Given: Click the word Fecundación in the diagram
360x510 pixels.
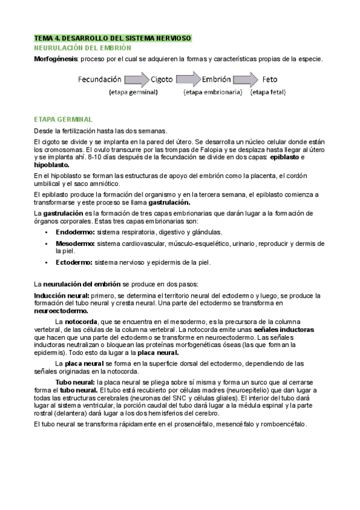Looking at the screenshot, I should click(99, 79).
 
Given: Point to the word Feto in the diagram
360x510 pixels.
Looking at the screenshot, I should click(270, 79).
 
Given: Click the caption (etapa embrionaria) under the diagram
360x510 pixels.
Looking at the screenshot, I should click(213, 93).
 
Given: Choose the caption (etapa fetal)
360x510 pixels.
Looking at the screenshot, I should click(268, 93).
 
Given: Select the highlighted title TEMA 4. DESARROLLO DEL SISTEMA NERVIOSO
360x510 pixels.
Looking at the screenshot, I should click(112, 38).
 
